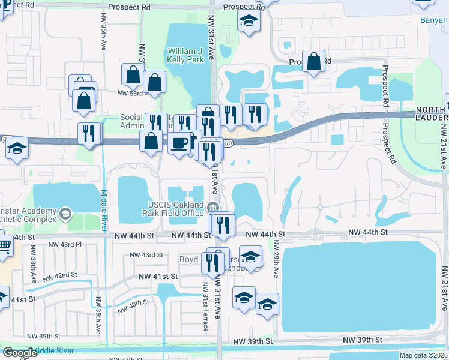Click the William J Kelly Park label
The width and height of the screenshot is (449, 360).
(x=187, y=56)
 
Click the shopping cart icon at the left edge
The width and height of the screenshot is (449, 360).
(x=4, y=245)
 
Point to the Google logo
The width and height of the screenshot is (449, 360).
(x=19, y=353)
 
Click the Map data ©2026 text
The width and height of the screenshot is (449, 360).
(x=423, y=355)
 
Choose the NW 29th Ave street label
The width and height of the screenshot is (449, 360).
(x=276, y=258)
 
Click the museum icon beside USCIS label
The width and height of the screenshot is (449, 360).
(x=212, y=208)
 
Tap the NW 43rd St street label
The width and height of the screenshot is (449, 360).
(x=148, y=255)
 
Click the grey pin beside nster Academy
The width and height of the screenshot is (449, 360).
(x=65, y=213)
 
